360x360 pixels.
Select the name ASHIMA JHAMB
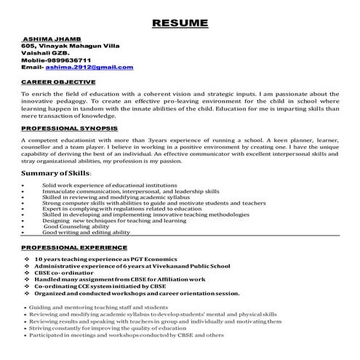[49, 38]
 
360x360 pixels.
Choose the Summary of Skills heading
[57, 175]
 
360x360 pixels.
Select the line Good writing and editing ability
[86, 233]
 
